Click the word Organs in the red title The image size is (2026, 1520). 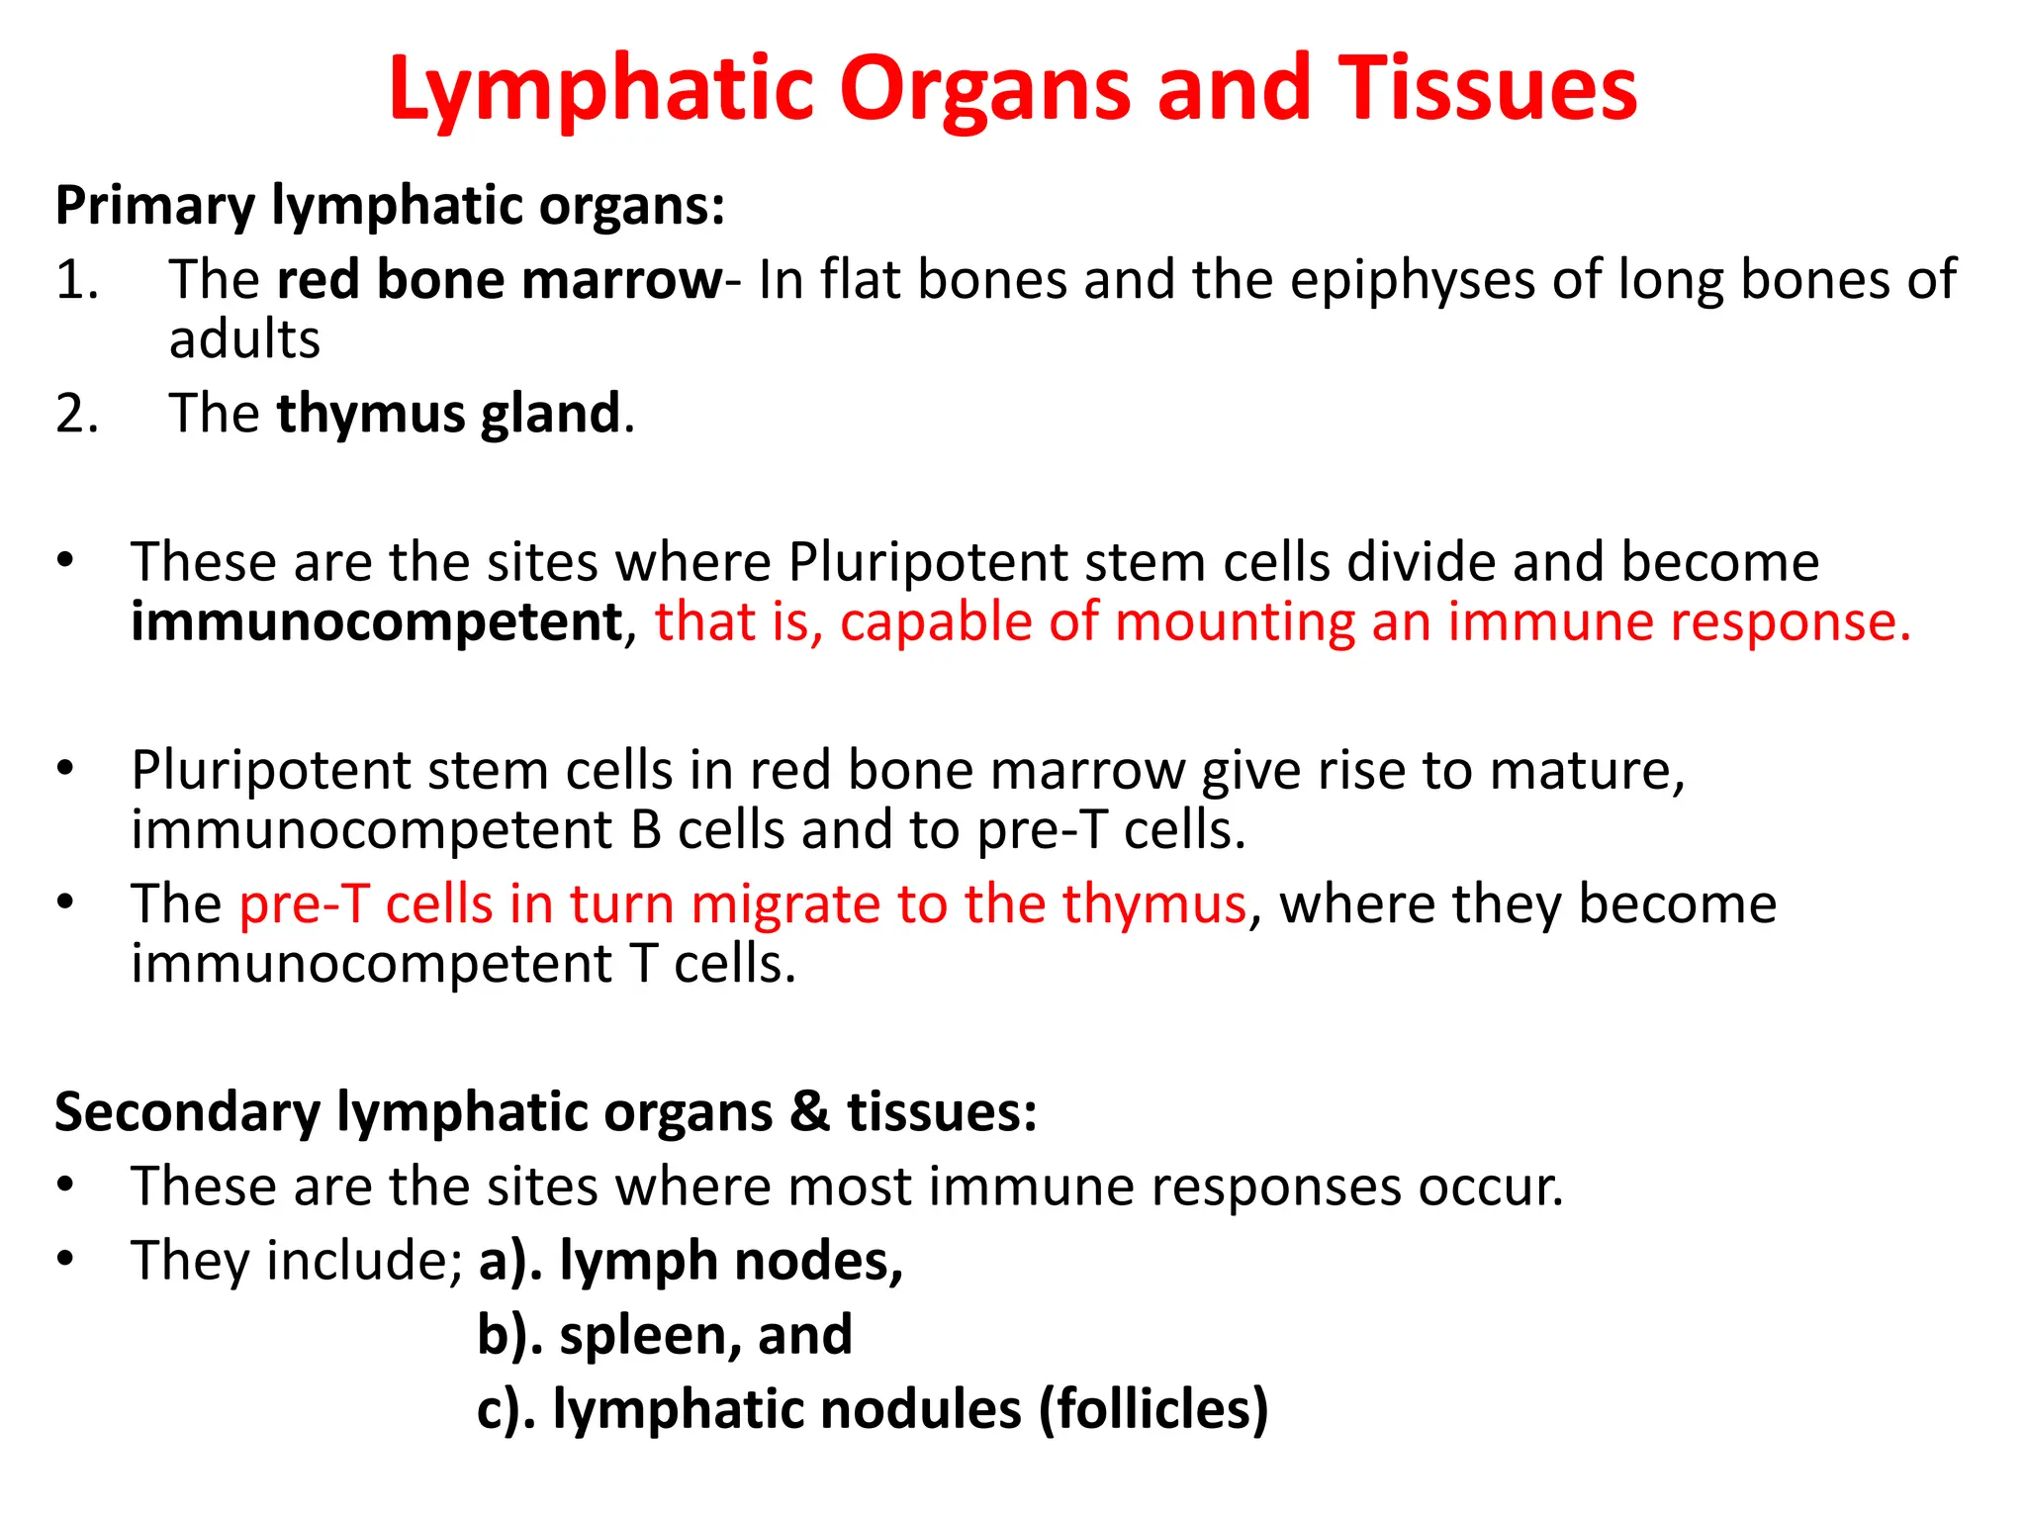point(984,91)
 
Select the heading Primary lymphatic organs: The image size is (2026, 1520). point(390,207)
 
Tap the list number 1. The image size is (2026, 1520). point(76,280)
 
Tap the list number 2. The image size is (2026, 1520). point(76,414)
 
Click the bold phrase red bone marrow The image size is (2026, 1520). point(499,280)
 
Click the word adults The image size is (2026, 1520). point(244,339)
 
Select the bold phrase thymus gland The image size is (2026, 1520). point(448,414)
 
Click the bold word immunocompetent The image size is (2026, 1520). point(377,622)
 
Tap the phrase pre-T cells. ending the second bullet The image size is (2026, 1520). point(1111,830)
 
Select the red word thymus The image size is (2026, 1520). point(1153,904)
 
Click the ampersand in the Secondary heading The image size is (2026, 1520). point(810,1111)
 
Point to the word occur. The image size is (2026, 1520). point(1490,1187)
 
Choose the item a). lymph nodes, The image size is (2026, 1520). point(691,1262)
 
